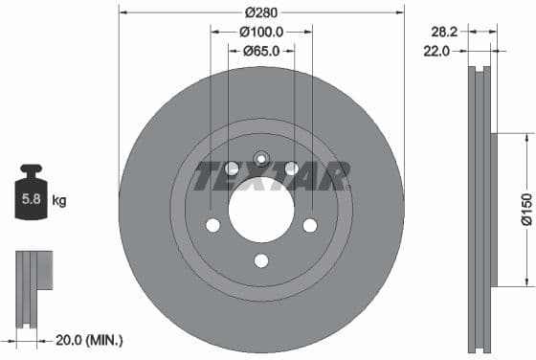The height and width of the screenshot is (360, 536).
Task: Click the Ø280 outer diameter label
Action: point(261,13)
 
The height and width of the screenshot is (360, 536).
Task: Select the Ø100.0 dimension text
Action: point(261,32)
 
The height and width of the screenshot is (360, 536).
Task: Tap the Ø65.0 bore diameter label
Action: point(261,51)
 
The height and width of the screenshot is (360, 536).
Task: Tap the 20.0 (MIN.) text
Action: point(88,340)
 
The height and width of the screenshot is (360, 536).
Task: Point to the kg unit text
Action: point(59,201)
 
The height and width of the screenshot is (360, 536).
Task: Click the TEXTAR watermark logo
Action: point(273,175)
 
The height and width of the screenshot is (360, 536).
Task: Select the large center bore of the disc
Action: point(261,210)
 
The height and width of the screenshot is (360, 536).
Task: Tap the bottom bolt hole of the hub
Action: point(261,260)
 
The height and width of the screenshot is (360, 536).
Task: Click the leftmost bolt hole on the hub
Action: point(212,225)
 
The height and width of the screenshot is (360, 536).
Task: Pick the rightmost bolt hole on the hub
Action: point(310,225)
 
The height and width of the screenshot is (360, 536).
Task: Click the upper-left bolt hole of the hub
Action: point(231,169)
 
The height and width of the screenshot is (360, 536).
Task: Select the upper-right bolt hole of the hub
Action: point(292,169)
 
